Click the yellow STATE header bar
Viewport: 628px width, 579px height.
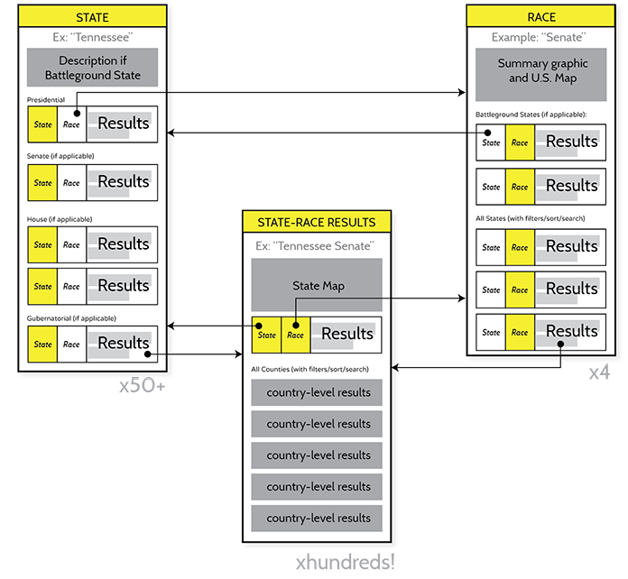[x=92, y=15]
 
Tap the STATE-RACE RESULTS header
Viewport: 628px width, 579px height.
[x=316, y=222]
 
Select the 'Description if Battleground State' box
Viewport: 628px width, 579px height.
[x=92, y=69]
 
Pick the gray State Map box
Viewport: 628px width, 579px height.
[x=317, y=286]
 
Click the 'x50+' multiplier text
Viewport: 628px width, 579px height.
[x=142, y=386]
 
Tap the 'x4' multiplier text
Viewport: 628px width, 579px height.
[x=599, y=372]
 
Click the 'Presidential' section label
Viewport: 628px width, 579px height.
[x=46, y=99]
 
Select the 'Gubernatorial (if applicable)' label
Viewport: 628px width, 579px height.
[x=71, y=318]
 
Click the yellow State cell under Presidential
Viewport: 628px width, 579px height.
[x=42, y=124]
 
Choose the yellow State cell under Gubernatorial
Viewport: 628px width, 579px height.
[x=42, y=345]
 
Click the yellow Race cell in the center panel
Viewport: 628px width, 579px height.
[x=295, y=335]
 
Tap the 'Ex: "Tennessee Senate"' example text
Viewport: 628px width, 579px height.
[x=315, y=246]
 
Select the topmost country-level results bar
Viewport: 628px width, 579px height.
[x=317, y=392]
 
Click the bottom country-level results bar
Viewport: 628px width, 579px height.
[x=317, y=518]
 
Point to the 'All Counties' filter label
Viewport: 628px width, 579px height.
[x=309, y=370]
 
